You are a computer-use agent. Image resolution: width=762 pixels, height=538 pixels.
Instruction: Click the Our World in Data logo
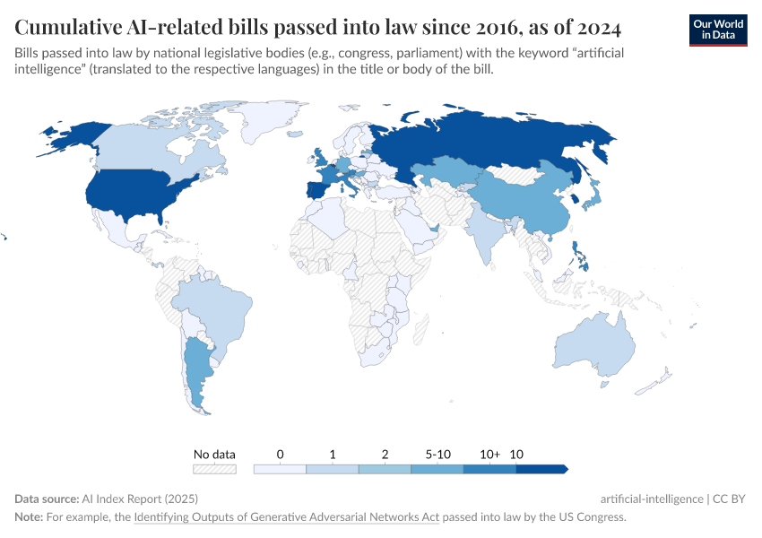tap(717, 30)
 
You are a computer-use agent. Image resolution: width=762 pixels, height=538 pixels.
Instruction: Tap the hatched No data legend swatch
tap(214, 469)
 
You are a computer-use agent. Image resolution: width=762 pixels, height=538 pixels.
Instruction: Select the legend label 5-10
tap(437, 455)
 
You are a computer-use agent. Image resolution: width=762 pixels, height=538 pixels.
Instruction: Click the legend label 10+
tap(489, 455)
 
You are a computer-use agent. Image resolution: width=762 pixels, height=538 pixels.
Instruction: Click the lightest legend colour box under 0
tap(280, 469)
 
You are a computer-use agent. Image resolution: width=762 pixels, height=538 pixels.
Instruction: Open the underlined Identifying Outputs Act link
tap(286, 517)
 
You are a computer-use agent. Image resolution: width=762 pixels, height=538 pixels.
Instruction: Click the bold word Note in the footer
tap(28, 517)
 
